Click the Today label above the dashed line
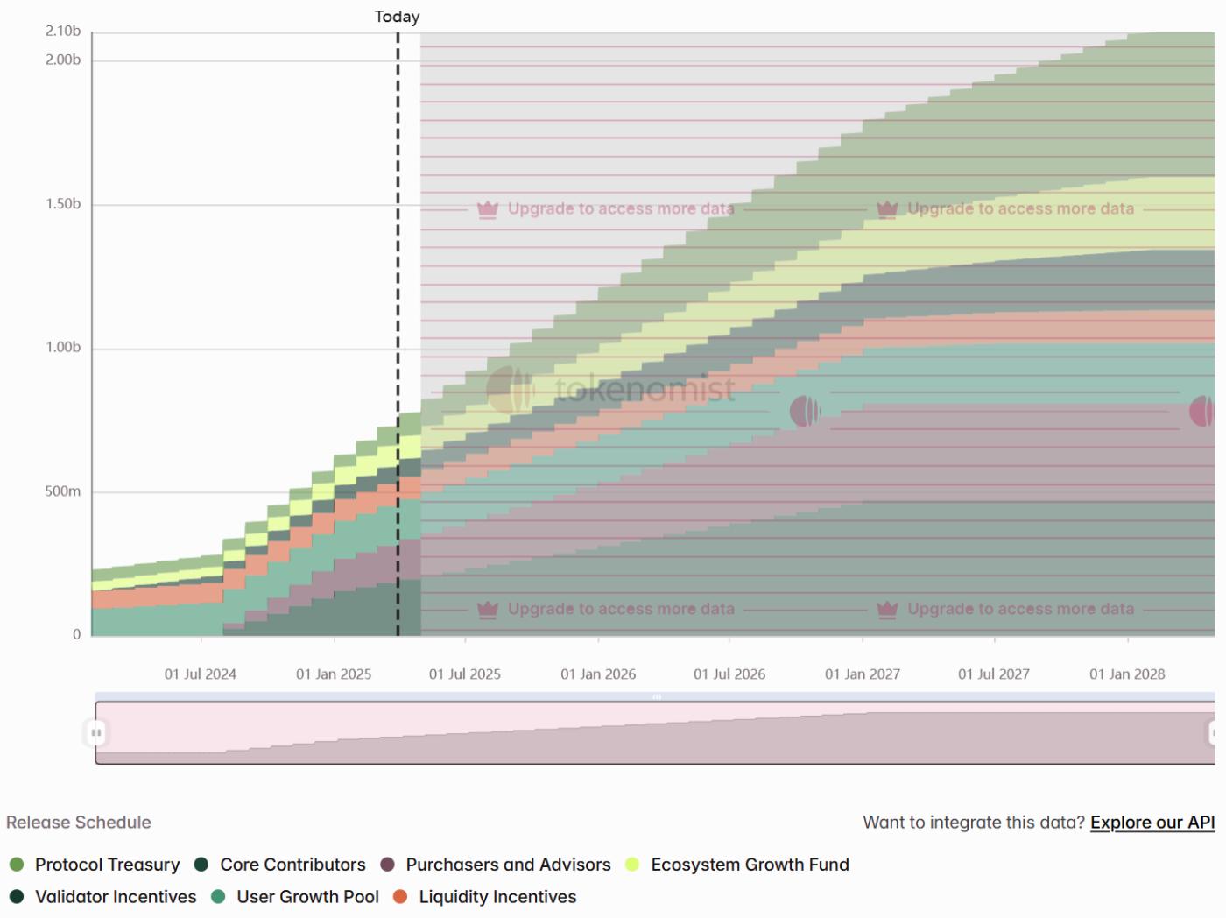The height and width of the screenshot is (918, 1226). pos(397,17)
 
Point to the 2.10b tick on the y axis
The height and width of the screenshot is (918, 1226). pos(63,32)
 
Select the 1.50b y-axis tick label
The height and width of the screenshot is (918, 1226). pos(63,204)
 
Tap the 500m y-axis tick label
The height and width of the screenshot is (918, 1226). pos(63,491)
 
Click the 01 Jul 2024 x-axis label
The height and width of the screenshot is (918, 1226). pos(201,674)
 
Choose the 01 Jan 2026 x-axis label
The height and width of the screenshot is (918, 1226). pos(598,674)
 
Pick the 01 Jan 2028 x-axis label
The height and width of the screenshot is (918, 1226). pos(1127,674)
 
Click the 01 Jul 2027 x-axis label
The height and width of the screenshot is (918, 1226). pos(994,674)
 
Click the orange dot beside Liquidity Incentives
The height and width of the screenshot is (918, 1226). pos(400,897)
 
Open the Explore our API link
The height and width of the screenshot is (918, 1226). pos(1152,823)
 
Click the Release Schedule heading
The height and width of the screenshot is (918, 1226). pos(79,823)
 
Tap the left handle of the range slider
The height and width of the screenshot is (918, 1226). pos(96,732)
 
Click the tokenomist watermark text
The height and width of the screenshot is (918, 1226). pos(645,389)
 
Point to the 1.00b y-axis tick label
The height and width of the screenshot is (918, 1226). pos(63,348)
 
